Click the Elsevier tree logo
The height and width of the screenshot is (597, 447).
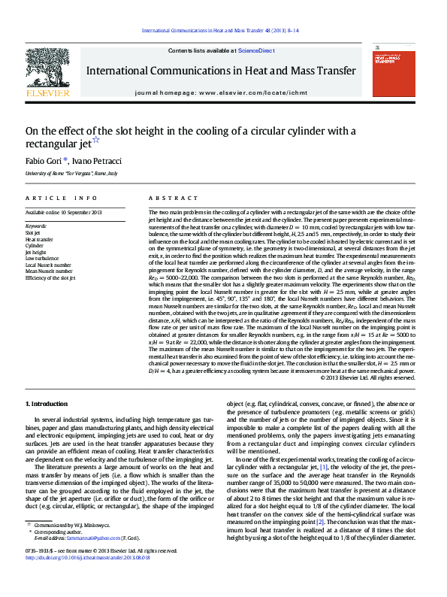tap(47, 70)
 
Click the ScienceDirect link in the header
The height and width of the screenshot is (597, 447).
tap(256, 50)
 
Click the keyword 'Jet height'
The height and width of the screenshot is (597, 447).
tap(36, 251)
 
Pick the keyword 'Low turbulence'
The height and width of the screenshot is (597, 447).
tap(41, 258)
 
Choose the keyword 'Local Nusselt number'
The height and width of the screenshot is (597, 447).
tap(48, 265)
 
